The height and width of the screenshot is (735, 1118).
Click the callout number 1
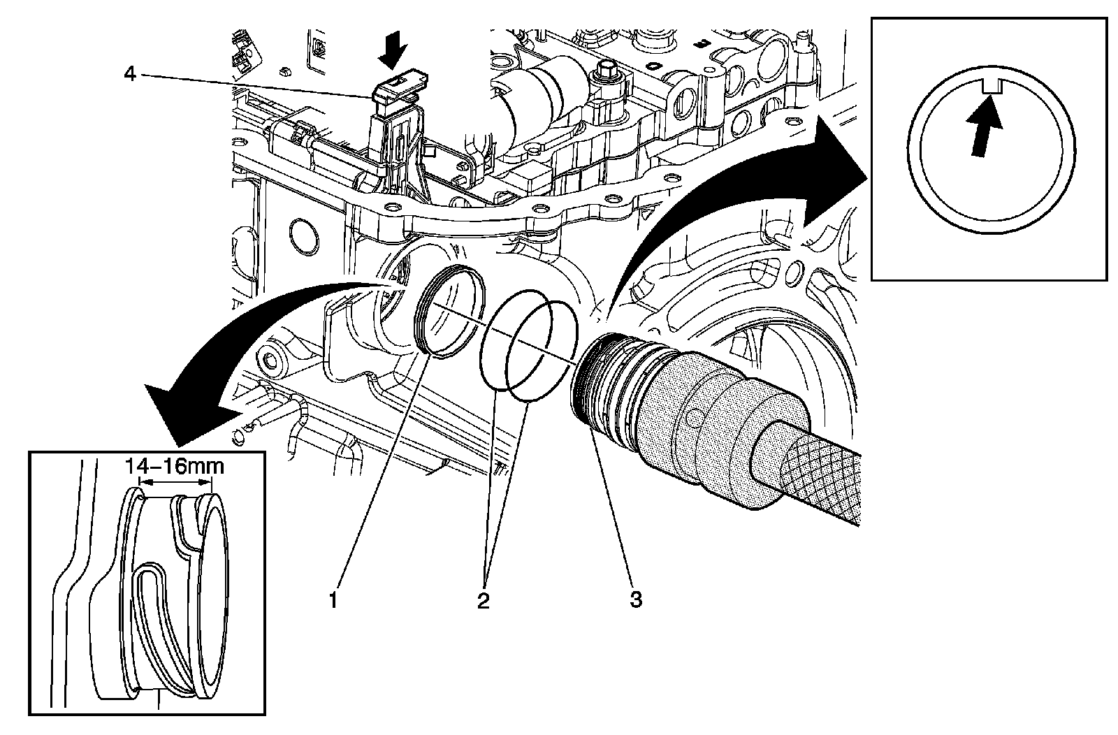pyautogui.click(x=334, y=599)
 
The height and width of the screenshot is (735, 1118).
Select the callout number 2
pyautogui.click(x=483, y=599)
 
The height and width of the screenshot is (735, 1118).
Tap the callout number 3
pyautogui.click(x=634, y=599)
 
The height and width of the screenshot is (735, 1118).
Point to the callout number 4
pyautogui.click(x=130, y=73)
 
